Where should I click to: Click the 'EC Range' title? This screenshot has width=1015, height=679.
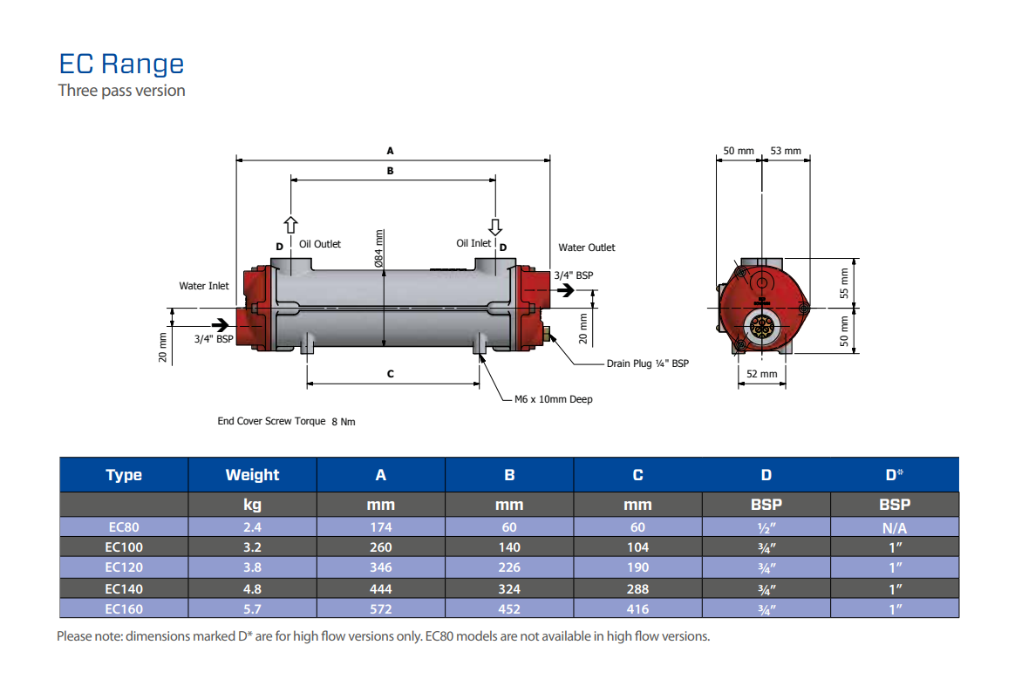click(x=121, y=64)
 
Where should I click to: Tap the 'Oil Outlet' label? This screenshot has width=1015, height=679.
click(x=320, y=244)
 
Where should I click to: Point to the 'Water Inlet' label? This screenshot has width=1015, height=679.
click(x=204, y=286)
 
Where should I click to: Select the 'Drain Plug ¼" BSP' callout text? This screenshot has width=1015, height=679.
click(x=647, y=363)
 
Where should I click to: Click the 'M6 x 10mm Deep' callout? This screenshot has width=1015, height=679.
click(x=553, y=399)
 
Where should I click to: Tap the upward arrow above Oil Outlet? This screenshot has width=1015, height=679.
click(x=291, y=226)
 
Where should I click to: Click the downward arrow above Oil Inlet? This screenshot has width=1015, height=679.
click(x=495, y=227)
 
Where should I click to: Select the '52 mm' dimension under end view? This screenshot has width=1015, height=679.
click(x=761, y=374)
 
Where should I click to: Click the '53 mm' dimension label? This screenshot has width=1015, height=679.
click(x=786, y=151)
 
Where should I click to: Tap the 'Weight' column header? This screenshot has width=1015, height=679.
click(x=252, y=475)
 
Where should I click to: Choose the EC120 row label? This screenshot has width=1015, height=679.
click(x=124, y=567)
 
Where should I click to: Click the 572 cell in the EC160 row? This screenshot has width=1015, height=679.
click(x=380, y=609)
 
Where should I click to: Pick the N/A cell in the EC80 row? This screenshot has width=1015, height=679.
click(x=894, y=527)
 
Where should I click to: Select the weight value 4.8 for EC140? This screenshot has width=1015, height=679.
click(x=252, y=588)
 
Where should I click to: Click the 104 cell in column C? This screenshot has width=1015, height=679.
click(x=637, y=547)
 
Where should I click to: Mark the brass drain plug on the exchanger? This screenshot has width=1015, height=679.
click(x=548, y=331)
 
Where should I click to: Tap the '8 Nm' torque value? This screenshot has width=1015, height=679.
click(x=344, y=422)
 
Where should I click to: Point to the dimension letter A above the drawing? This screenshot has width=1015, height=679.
click(x=390, y=150)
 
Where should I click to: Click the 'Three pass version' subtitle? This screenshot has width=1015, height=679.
click(x=121, y=91)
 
